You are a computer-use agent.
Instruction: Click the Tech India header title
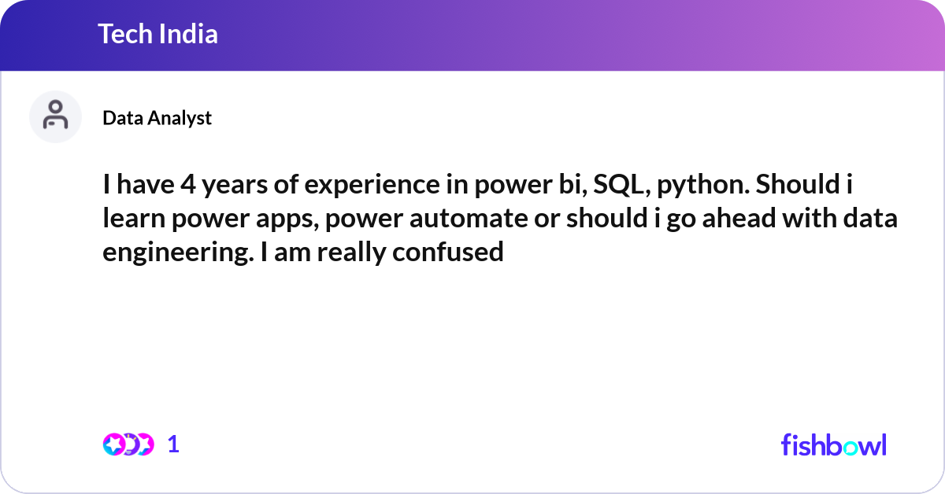tap(157, 34)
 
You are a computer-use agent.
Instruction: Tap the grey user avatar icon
tap(55, 116)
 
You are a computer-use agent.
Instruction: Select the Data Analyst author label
tap(157, 118)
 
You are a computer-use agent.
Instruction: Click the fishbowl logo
tap(833, 444)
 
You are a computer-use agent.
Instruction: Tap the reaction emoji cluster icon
tap(128, 444)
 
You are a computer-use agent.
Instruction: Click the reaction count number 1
tap(174, 444)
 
